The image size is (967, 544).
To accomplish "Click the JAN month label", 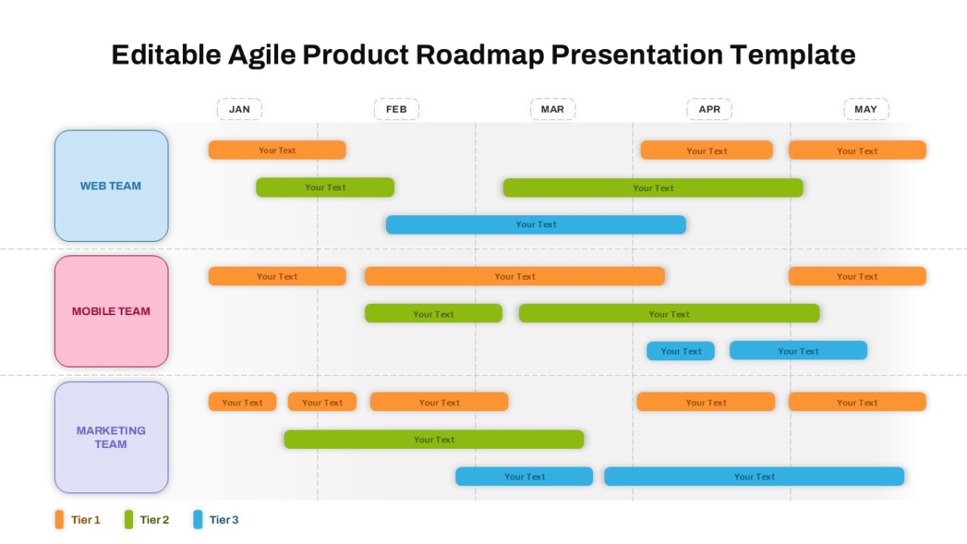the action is click(239, 110).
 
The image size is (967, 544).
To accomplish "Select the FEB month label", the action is click(396, 110).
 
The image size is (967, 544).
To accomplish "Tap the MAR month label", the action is click(553, 110).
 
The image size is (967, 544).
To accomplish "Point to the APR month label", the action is click(709, 110).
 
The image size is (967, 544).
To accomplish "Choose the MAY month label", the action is click(866, 110).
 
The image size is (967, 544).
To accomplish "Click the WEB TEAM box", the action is click(111, 185).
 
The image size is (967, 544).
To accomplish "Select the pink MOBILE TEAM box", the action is click(111, 311).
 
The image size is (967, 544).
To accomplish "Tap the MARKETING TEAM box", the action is click(111, 437).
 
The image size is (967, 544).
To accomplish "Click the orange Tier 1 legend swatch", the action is click(59, 519).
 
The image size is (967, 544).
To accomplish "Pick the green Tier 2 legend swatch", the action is click(129, 519).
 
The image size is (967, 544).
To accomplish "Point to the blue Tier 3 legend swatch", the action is click(197, 519).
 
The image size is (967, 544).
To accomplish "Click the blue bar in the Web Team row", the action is click(536, 225).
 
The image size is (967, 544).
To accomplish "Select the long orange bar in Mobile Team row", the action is click(515, 276).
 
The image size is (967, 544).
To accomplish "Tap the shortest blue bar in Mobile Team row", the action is click(680, 351).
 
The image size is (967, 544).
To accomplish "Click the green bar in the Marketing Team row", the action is click(434, 439).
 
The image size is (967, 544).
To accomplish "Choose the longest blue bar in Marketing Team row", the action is click(754, 476).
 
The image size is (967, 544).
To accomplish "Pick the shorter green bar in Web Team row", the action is click(325, 187).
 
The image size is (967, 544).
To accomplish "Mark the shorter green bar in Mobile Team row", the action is click(434, 314).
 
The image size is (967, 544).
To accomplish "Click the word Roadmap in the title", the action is click(479, 55).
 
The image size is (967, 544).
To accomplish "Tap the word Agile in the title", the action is click(262, 55).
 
